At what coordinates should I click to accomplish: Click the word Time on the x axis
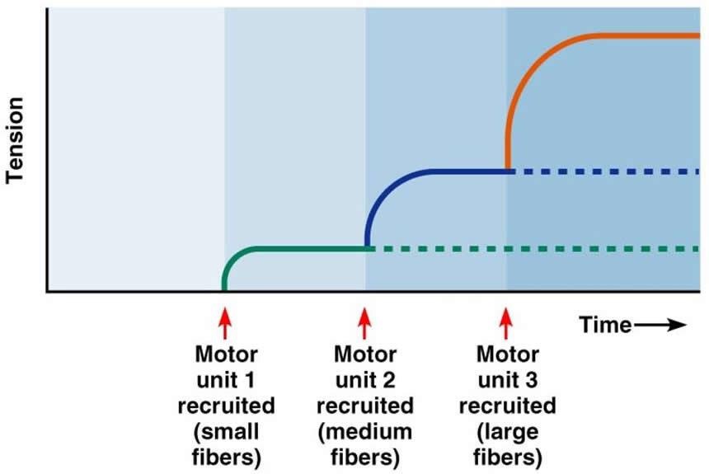(x=606, y=325)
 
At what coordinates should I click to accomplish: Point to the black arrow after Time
(x=661, y=325)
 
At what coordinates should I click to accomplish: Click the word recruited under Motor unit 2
(x=364, y=406)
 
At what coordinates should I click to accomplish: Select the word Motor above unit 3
(x=506, y=354)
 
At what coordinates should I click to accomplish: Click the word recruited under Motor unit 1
(x=225, y=406)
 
